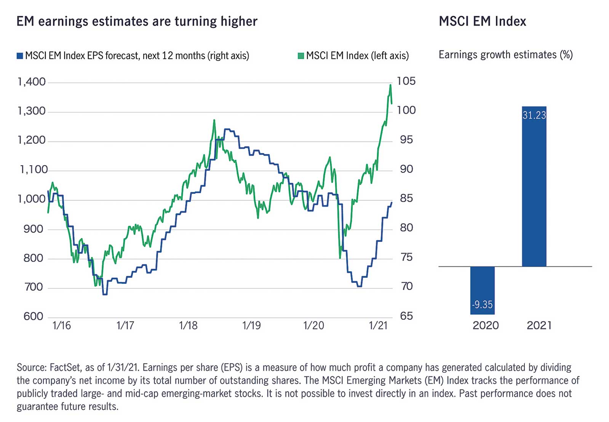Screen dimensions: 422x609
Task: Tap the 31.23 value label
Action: pyautogui.click(x=534, y=115)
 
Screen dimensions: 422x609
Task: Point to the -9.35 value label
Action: pyautogui.click(x=482, y=305)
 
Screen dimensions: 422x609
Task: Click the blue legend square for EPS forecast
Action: pyautogui.click(x=20, y=56)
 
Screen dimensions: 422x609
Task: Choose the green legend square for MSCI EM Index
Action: pyautogui.click(x=301, y=56)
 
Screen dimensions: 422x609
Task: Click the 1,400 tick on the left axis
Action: pyautogui.click(x=32, y=82)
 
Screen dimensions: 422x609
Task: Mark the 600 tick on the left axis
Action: pyautogui.click(x=34, y=316)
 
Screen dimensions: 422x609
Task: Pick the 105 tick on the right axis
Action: pyautogui.click(x=406, y=81)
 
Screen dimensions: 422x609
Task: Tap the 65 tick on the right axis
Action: pyautogui.click(x=406, y=316)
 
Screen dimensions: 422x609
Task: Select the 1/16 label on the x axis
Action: pyautogui.click(x=62, y=325)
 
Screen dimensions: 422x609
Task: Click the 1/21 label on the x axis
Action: pyautogui.click(x=378, y=325)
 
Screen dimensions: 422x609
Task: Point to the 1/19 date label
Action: pyautogui.click(x=251, y=325)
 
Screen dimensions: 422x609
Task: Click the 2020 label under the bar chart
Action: pyautogui.click(x=486, y=325)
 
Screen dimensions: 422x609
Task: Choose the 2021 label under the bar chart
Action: pyautogui.click(x=539, y=325)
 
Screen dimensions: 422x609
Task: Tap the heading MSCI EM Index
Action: pyautogui.click(x=482, y=21)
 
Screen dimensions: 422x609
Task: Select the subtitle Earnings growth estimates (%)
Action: pyautogui.click(x=505, y=55)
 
